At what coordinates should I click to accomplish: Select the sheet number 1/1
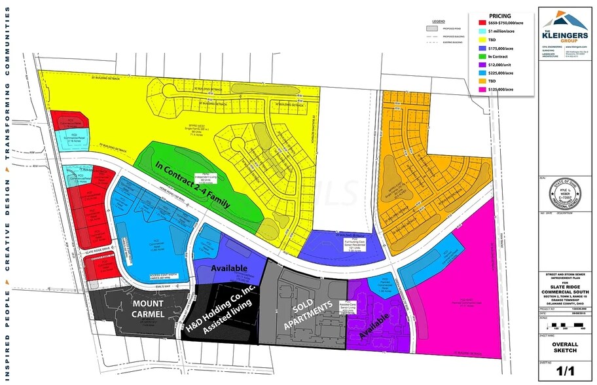(564, 373)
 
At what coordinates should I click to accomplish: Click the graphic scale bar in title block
(564, 325)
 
